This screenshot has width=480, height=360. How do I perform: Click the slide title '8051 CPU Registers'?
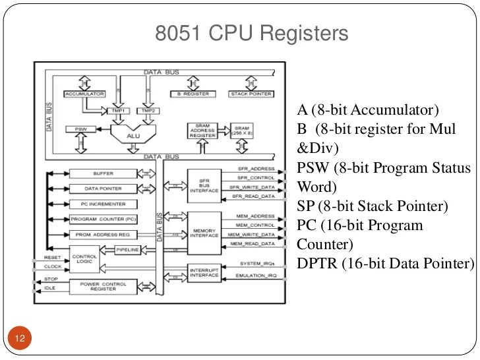click(251, 33)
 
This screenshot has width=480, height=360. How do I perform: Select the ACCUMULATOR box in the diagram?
click(84, 94)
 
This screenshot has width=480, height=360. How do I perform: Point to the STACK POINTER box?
click(250, 94)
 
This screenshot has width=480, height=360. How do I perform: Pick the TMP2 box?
click(148, 111)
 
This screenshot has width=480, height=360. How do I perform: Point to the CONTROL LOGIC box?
click(87, 260)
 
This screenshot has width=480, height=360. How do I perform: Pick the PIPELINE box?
click(127, 251)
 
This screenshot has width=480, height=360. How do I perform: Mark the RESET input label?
click(52, 257)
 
